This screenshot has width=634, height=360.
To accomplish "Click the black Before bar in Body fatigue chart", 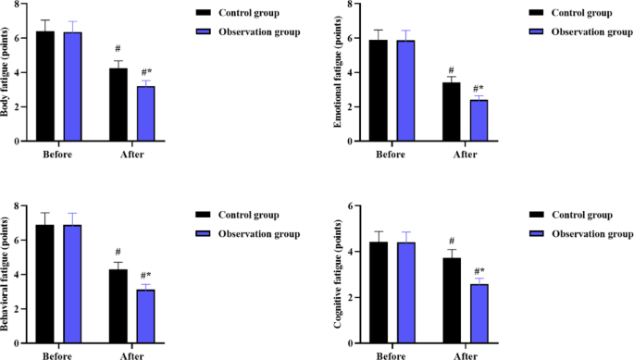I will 44,87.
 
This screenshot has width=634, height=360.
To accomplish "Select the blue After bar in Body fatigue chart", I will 145,114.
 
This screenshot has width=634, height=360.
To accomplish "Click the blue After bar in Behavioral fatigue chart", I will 145,317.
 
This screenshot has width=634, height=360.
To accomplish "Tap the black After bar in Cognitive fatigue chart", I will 451,301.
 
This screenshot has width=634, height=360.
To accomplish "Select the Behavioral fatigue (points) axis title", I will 8,275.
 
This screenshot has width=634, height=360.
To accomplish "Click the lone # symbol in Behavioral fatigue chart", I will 118,253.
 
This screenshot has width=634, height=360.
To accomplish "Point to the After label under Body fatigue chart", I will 131,154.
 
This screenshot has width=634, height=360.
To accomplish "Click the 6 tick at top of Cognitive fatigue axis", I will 344,205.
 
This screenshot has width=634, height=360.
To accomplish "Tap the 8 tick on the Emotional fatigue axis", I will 344,4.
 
